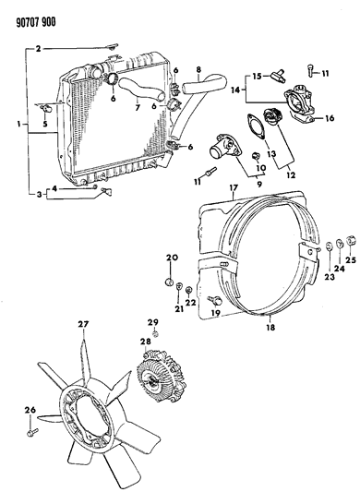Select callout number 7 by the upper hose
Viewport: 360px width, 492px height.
138,107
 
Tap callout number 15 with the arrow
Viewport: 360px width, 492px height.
258,75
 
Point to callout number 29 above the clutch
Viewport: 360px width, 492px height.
154,320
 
